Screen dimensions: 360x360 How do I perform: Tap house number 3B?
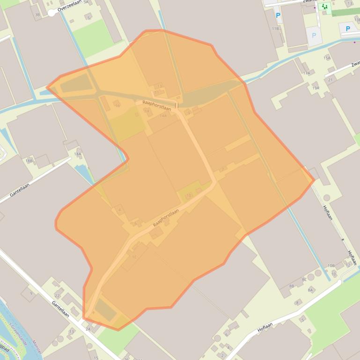pos(37,15)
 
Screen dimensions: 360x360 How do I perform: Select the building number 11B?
pos(275,29)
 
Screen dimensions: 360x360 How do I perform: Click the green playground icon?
pos(325,7)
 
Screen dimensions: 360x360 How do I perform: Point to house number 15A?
pos(327,58)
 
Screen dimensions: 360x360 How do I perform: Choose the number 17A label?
pos(307,73)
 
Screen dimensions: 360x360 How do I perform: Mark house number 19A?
pos(316,88)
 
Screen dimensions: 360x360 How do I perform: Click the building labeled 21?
pos(331,80)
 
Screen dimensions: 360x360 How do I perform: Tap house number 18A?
pos(78,154)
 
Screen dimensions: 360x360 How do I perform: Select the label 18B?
pos(29,161)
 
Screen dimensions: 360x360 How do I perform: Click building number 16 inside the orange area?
pos(118,106)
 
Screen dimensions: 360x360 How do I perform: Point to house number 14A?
pos(163,116)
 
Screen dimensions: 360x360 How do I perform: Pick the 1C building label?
pos(134,257)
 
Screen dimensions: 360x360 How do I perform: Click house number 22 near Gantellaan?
pos(57,296)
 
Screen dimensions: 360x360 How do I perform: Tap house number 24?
pos(88,329)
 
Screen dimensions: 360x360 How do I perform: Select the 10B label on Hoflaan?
pos(331,266)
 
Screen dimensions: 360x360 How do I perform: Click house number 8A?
pos(310,290)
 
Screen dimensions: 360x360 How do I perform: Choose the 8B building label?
pos(292,286)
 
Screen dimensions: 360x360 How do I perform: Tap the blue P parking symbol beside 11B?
pos(278,15)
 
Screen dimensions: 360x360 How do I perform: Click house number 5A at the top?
pos(86,2)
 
